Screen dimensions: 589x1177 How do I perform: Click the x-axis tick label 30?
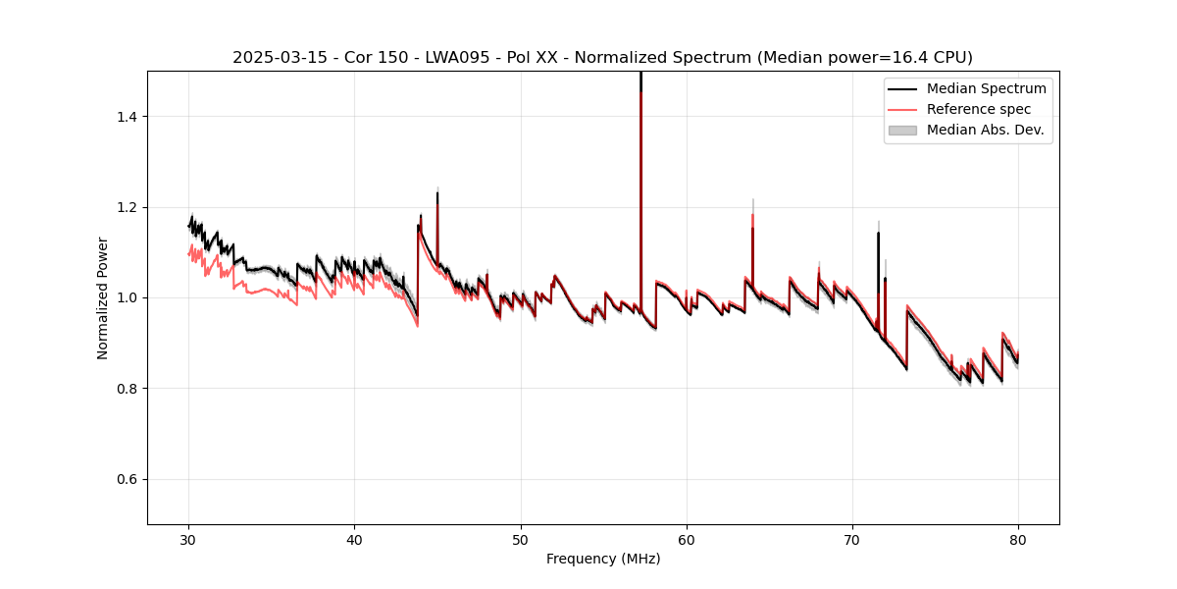[x=189, y=540]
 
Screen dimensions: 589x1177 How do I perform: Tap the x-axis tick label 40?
[x=355, y=540]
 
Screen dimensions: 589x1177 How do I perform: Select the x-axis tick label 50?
[x=521, y=540]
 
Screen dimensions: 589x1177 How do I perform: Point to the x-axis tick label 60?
[x=687, y=540]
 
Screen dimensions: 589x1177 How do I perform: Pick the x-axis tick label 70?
[x=852, y=540]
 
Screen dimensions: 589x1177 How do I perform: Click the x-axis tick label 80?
[x=1018, y=540]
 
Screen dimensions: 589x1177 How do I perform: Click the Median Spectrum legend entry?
[x=986, y=88]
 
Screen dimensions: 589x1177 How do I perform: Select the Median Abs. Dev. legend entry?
[x=985, y=130]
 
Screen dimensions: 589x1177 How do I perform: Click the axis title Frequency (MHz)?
[x=603, y=560]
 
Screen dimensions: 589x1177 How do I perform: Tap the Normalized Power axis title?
[x=103, y=297]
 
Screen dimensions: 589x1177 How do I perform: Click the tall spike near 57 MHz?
[x=640, y=147]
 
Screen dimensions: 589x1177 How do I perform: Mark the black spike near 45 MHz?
[x=437, y=211]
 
